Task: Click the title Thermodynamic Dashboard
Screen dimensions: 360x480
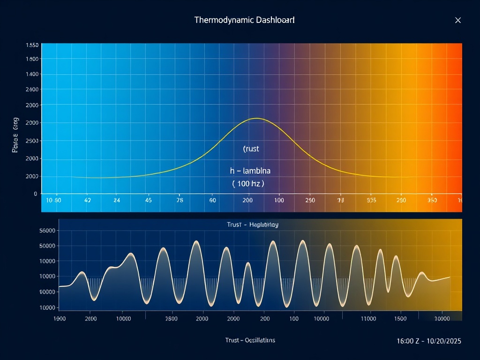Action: click(244, 20)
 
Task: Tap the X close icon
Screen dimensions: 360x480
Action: click(458, 20)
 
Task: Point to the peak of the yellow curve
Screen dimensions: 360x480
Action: click(256, 119)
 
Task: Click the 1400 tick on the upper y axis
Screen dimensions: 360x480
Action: click(32, 74)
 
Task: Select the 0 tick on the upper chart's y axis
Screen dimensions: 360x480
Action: click(35, 194)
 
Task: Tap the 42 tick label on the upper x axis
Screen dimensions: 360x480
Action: click(87, 200)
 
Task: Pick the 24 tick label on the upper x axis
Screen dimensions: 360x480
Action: click(117, 200)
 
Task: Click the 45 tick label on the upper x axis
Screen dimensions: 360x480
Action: click(149, 200)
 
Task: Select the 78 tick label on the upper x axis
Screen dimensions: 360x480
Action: click(180, 200)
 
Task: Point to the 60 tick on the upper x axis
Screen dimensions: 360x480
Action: click(212, 200)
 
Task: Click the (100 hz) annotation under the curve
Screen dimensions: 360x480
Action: click(248, 184)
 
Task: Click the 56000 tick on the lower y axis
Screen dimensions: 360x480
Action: click(48, 231)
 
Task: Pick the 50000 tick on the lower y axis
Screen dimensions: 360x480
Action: click(48, 246)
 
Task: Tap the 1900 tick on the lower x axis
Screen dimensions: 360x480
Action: click(60, 319)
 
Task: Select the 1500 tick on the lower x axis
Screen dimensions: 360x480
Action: click(400, 319)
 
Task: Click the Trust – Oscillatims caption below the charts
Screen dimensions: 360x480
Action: click(250, 340)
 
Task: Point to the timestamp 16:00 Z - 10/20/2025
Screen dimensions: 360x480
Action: click(429, 341)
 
